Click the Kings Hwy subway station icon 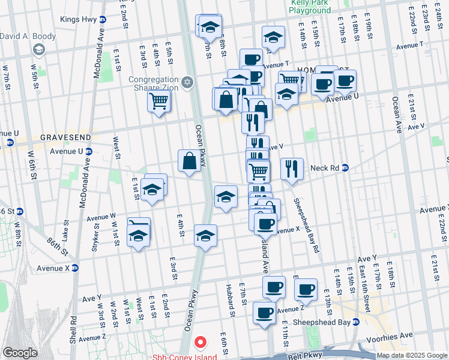(x=103, y=20)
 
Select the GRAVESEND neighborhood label (x=65, y=137)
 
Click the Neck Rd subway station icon (x=345, y=168)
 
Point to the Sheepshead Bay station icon (x=356, y=322)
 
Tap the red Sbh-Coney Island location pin (x=200, y=343)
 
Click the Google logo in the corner (x=20, y=353)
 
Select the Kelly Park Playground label (x=310, y=7)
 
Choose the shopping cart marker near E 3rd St (x=159, y=100)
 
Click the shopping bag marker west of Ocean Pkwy (x=189, y=161)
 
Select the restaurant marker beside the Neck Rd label (x=292, y=169)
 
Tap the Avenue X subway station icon (x=75, y=268)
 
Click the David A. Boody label (x=28, y=36)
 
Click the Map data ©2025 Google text (x=412, y=355)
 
